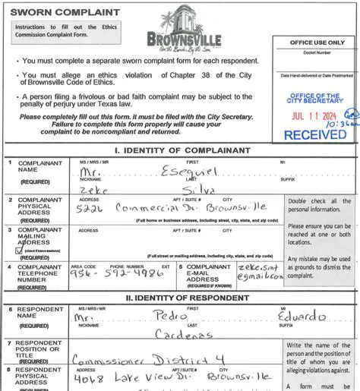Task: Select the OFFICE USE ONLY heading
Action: point(317,43)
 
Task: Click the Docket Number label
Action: point(317,53)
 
